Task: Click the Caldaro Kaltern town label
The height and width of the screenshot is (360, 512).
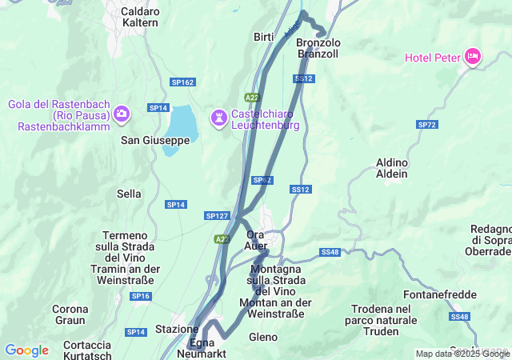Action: [140, 18]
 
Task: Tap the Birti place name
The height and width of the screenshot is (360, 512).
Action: [263, 38]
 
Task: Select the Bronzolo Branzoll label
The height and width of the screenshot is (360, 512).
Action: [318, 48]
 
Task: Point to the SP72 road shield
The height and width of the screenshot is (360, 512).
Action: [427, 125]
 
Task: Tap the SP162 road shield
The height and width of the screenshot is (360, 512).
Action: [182, 82]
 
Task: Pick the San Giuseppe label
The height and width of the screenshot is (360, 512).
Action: [155, 140]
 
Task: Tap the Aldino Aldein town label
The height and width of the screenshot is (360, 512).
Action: [392, 168]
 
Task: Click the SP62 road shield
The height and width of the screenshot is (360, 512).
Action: [262, 180]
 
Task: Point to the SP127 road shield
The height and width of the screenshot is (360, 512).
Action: [217, 216]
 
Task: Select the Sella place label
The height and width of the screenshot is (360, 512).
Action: [129, 194]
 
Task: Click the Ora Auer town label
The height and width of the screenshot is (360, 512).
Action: [256, 240]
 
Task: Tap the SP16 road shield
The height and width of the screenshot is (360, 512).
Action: [141, 296]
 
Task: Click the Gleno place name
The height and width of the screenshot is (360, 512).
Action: [263, 337]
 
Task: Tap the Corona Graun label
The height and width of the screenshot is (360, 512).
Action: [70, 314]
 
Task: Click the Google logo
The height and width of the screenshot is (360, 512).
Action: [26, 350]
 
